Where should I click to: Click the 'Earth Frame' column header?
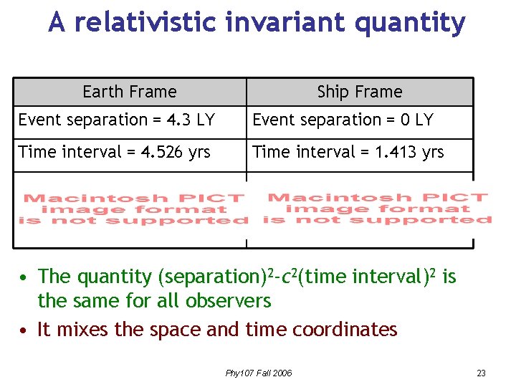coord(130,92)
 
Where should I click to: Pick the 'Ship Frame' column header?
coord(360,92)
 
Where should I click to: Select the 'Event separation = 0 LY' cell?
coord(343,120)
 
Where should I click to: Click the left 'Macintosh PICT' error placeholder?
coord(133,209)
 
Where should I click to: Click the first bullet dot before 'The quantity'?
coord(24,277)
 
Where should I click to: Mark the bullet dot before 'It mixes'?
coord(24,330)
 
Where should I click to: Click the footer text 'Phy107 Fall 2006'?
coord(258,373)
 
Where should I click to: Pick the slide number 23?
coord(481,373)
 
